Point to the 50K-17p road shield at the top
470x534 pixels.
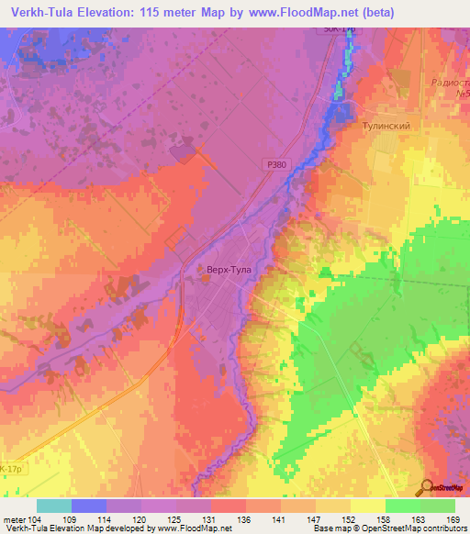(337, 29)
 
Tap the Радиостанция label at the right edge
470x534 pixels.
(449, 82)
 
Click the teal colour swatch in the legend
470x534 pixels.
(54, 506)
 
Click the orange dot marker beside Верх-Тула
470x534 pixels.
(204, 271)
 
